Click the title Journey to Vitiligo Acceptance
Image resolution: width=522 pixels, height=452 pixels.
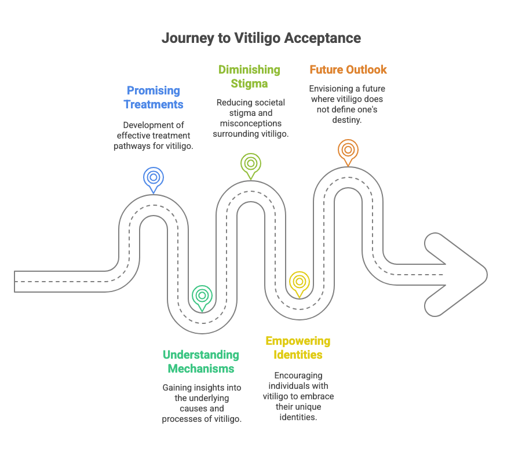(x=261, y=38)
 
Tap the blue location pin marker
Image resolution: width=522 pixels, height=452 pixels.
(x=154, y=178)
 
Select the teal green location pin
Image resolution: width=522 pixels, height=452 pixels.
(x=202, y=296)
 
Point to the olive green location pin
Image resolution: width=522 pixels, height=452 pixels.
(x=251, y=163)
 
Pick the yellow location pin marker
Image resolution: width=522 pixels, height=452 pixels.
(x=299, y=282)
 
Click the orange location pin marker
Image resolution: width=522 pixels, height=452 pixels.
(x=348, y=150)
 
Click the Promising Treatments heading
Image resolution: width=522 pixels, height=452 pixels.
(x=154, y=97)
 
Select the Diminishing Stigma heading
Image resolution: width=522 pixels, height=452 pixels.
(x=249, y=76)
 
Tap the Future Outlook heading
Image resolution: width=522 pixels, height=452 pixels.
(x=348, y=70)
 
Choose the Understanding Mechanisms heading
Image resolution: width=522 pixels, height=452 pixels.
(x=201, y=362)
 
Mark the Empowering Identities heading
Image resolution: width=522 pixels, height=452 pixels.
(x=298, y=348)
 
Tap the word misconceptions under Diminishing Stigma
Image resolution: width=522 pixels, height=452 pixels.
(x=249, y=123)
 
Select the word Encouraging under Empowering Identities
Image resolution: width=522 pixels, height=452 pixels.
(x=298, y=376)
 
